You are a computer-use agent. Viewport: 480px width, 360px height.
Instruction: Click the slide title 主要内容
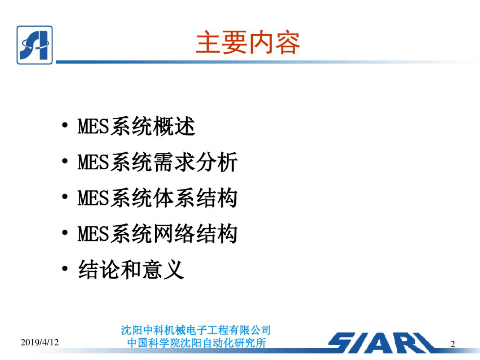248,43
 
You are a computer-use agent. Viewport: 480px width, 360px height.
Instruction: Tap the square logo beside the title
34,45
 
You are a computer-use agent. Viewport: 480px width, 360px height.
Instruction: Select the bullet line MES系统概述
136,127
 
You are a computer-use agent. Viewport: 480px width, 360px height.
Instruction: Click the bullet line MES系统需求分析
158,162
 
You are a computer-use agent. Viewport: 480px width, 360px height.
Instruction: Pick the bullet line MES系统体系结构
158,198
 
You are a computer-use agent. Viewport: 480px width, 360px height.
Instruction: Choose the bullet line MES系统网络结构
158,234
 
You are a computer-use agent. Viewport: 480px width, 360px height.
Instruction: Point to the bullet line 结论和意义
131,270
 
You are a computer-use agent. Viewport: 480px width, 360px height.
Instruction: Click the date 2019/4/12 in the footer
40,343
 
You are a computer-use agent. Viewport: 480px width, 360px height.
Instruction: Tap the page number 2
453,344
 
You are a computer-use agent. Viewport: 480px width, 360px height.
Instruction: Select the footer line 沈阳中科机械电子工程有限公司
196,331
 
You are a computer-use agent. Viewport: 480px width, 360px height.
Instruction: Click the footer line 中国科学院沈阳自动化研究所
196,343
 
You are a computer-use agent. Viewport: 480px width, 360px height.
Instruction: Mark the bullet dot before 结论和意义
65,269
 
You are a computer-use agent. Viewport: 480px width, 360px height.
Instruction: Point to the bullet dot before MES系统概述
65,126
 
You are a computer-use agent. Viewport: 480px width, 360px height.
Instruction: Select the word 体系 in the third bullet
174,198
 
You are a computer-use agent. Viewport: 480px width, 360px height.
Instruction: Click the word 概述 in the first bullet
174,127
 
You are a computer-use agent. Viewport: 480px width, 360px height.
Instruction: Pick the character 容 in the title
287,43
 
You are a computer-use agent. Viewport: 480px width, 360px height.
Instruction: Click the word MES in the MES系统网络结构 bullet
93,234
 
